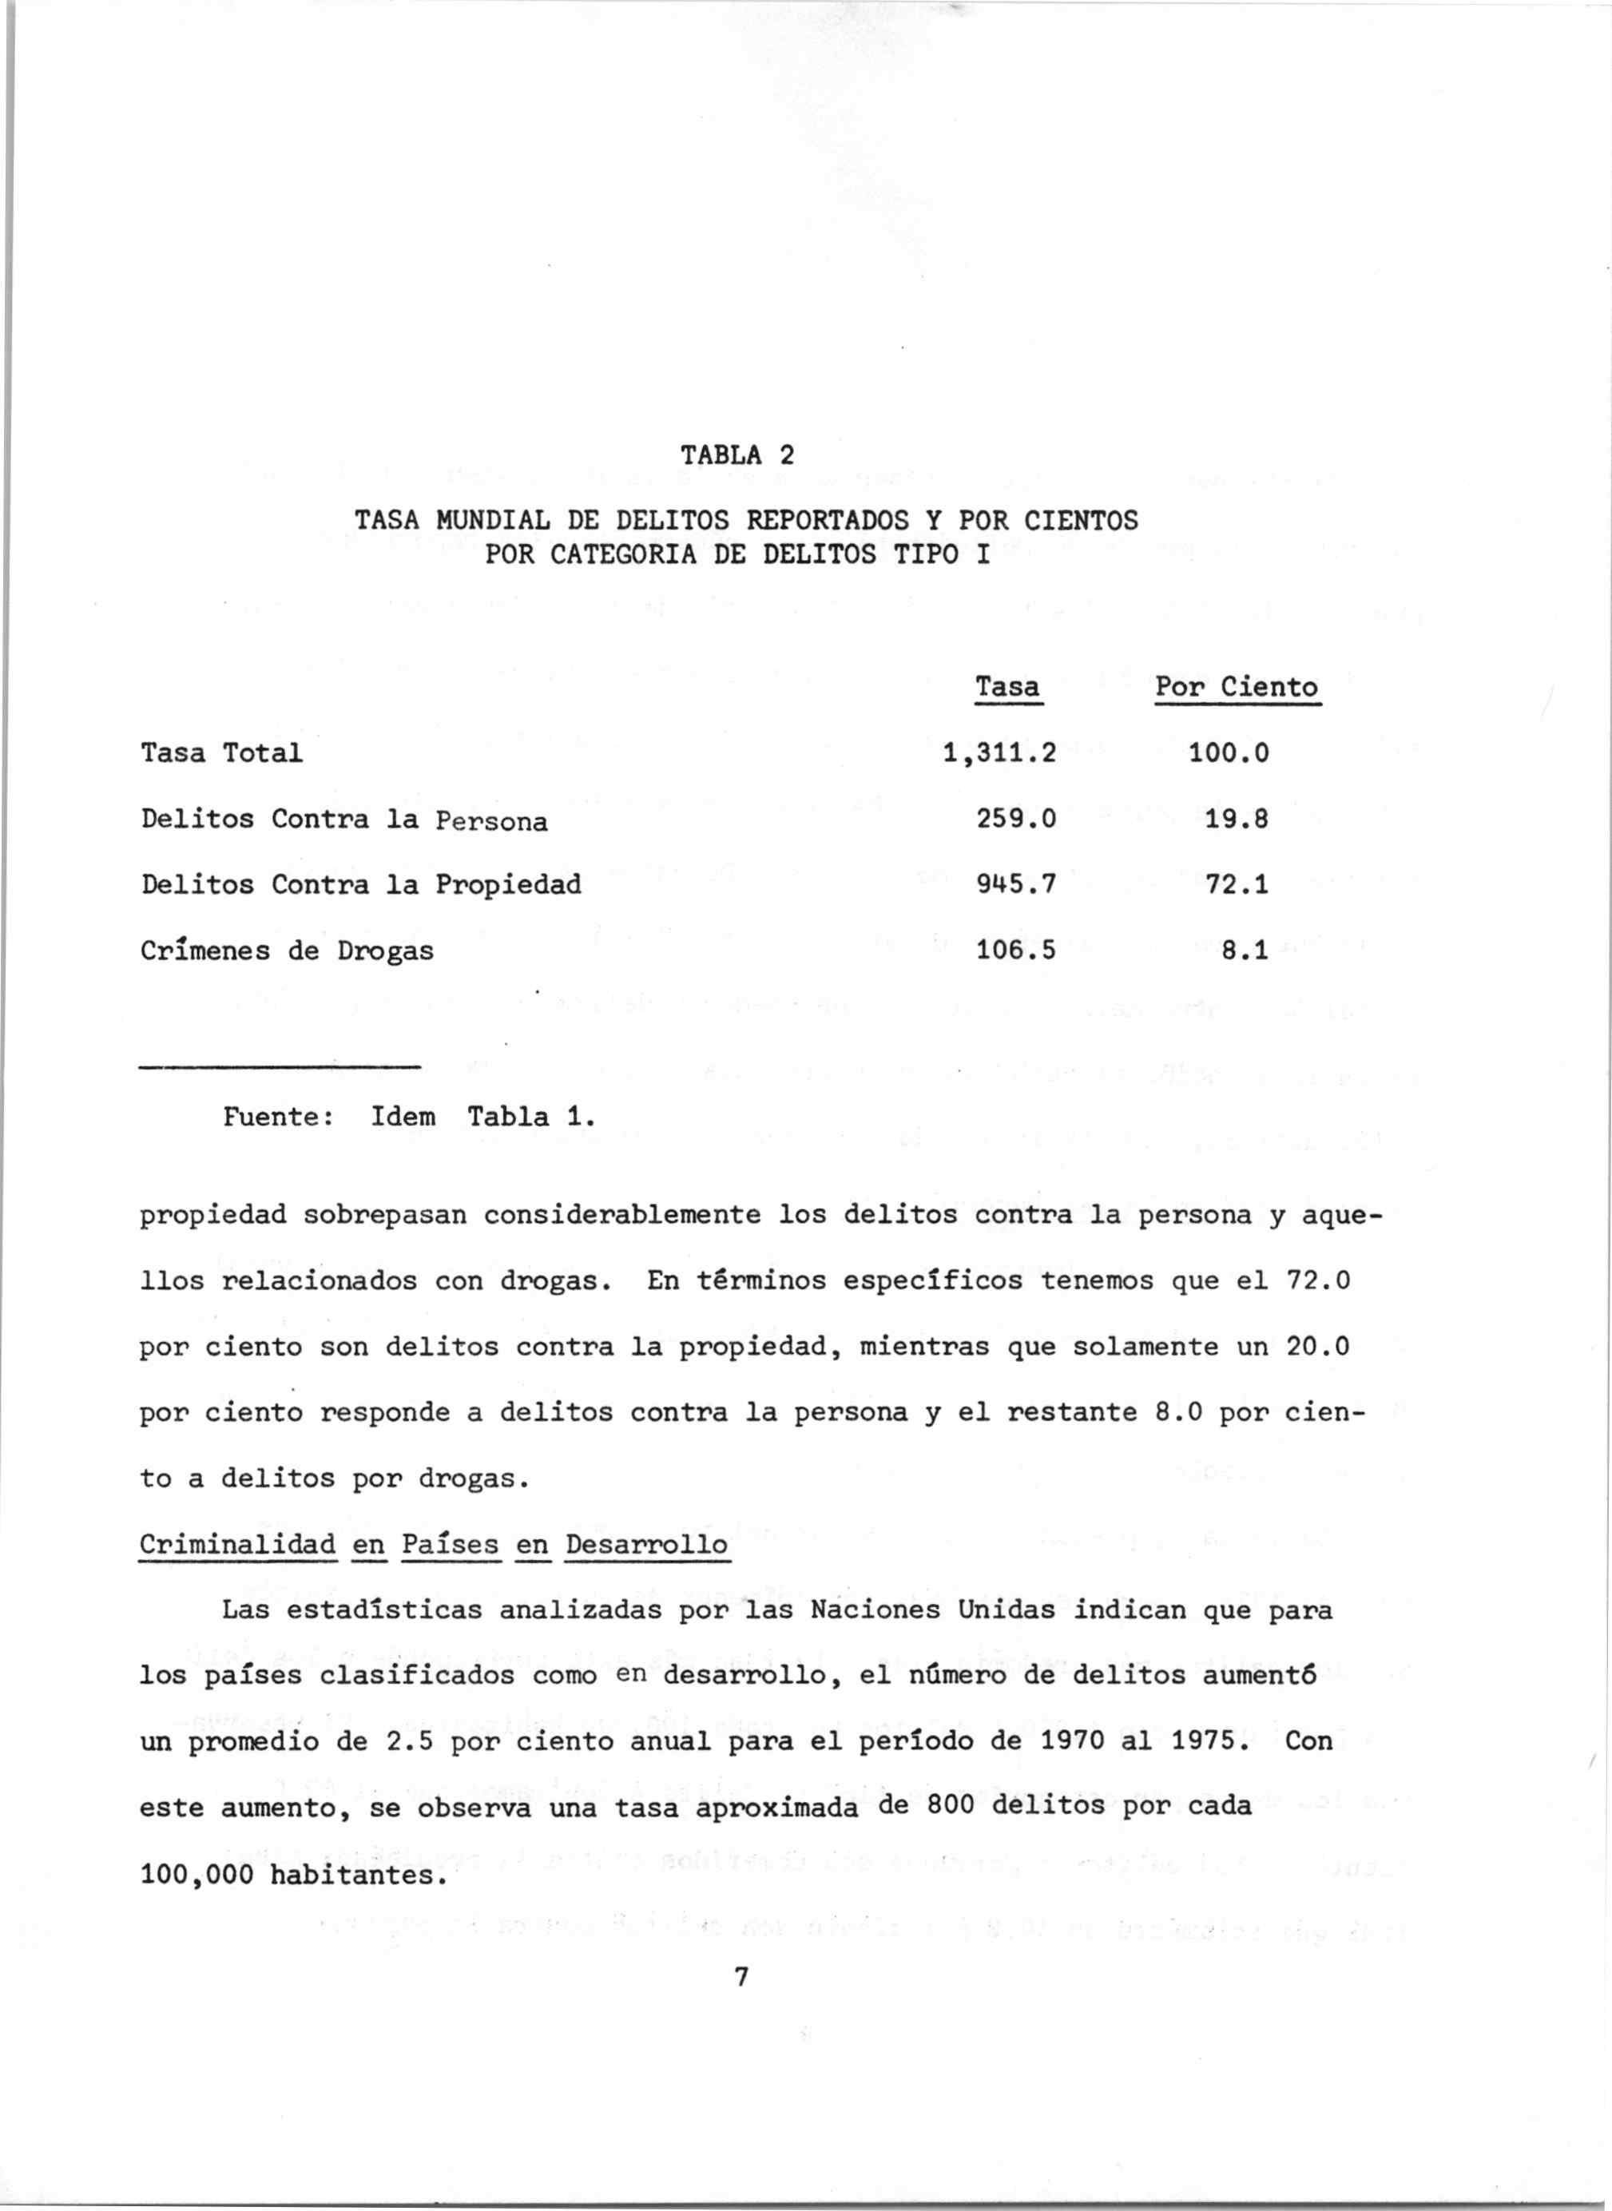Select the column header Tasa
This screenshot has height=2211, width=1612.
tap(1008, 687)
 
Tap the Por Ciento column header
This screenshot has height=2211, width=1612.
tap(1237, 687)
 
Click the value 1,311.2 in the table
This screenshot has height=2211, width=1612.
tap(1000, 753)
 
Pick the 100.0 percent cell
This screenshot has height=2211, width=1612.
tap(1229, 753)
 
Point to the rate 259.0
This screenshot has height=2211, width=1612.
tap(1016, 820)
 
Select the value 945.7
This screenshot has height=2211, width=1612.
tap(1016, 885)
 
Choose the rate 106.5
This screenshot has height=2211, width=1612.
tap(1016, 951)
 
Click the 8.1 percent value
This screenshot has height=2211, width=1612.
tap(1245, 951)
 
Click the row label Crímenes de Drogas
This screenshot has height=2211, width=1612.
tap(287, 951)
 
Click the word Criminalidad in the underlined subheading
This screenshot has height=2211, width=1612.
tap(238, 1545)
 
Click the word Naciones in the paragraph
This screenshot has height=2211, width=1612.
tap(875, 1610)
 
